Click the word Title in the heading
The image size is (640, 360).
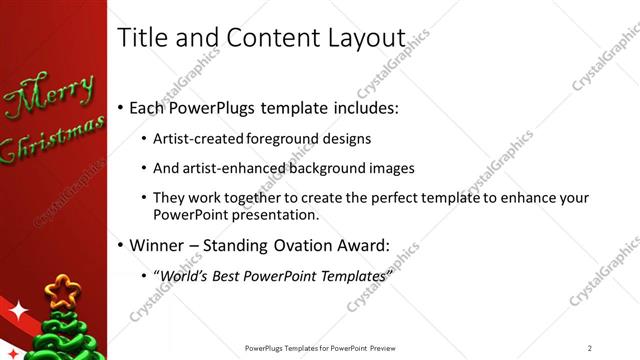pos(143,37)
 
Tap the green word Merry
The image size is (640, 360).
pos(49,96)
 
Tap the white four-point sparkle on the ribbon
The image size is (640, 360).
pos(17,311)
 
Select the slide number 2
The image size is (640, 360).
pos(590,347)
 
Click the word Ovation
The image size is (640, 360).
pos(306,243)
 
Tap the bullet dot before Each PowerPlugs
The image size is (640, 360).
pos(121,107)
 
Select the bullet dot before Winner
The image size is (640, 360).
pos(121,244)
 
